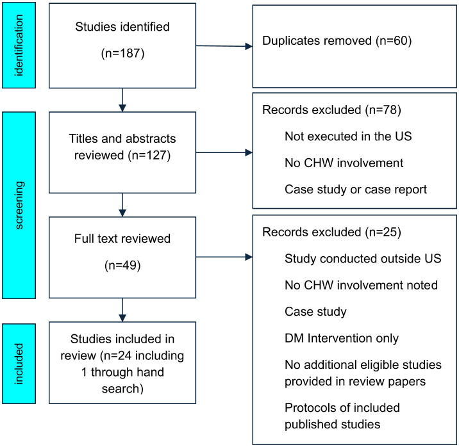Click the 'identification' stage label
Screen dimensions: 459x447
pos(19,45)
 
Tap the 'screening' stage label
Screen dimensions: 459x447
pos(19,205)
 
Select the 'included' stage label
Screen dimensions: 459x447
pos(19,364)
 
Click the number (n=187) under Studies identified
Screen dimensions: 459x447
pos(122,54)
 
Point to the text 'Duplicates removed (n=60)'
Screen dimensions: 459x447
pos(337,40)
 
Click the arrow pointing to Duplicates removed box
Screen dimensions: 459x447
pos(224,46)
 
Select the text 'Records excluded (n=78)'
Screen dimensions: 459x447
pos(331,110)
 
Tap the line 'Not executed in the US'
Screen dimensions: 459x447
pos(348,136)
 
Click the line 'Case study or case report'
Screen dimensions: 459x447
pos(356,190)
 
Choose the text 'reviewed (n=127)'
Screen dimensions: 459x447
pos(122,155)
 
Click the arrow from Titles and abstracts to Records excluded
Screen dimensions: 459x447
pos(224,152)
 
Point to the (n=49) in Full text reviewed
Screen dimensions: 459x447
pos(122,266)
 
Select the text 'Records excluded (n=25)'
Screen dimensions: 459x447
pos(331,232)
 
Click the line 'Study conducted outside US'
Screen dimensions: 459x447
pos(363,259)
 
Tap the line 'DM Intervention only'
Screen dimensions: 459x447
pos(342,338)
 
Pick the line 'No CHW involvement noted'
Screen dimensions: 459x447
pos(361,285)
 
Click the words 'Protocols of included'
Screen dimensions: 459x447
pos(342,407)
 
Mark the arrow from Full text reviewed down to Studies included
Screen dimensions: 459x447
pos(122,310)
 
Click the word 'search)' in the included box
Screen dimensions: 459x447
pos(122,389)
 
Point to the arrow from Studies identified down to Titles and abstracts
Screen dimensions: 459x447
pos(122,100)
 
